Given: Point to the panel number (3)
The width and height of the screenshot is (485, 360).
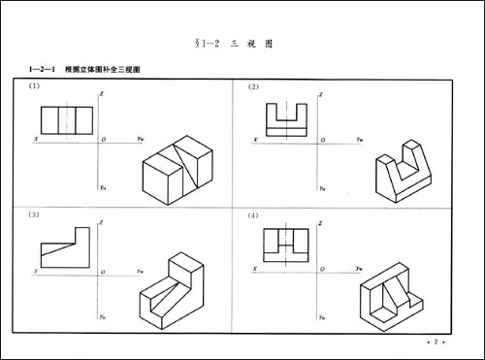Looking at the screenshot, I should pyautogui.click(x=34, y=215).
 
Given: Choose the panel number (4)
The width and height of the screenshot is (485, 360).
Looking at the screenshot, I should pyautogui.click(x=254, y=215).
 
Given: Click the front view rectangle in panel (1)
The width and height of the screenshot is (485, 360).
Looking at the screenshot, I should pyautogui.click(x=66, y=120).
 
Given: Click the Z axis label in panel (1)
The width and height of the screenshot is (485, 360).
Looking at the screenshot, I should pyautogui.click(x=104, y=94).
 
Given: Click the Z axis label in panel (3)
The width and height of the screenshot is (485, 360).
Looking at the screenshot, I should pyautogui.click(x=104, y=222).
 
